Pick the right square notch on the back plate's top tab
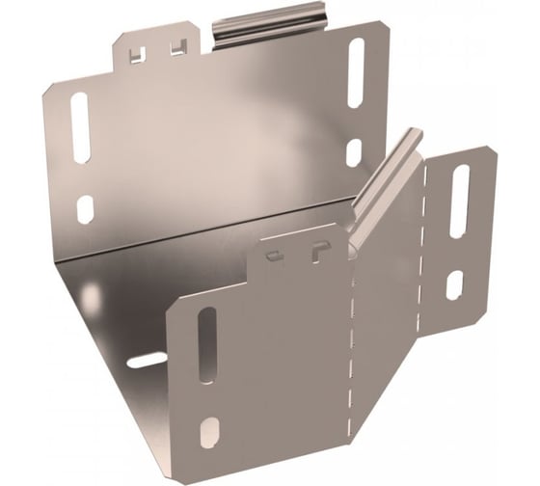[x=176, y=46]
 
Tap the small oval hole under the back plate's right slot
[x=354, y=151]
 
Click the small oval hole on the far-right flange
[x=455, y=284]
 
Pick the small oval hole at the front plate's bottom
[x=206, y=426]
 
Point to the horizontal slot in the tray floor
[x=148, y=360]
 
